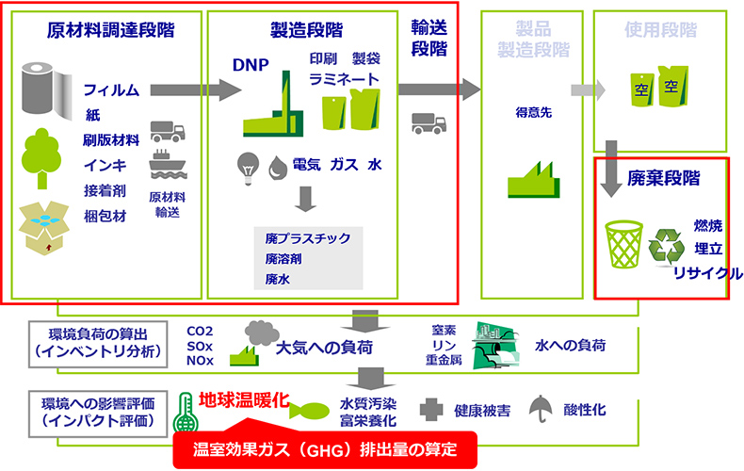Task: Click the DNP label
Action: pyautogui.click(x=251, y=65)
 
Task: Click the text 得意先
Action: pyautogui.click(x=527, y=111)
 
